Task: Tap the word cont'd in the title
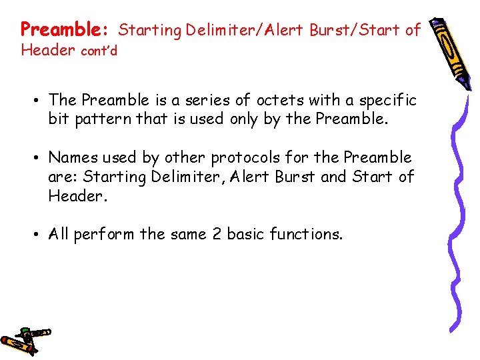[99, 51]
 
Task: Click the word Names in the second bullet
[73, 157]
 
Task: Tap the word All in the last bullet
[59, 234]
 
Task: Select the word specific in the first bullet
[388, 100]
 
